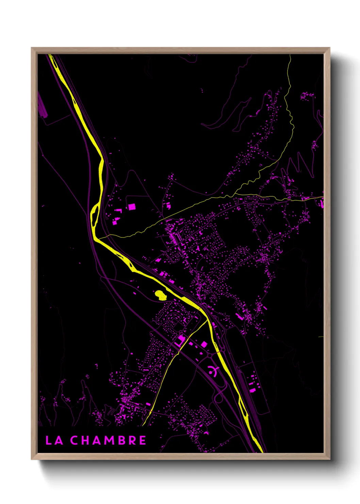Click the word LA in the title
tap(54, 440)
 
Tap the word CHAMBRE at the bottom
tap(108, 440)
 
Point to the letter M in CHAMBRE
tap(109, 440)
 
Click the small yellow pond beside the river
tap(160, 295)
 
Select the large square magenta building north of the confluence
tap(131, 207)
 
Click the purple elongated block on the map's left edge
tap(41, 106)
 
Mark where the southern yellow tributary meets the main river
tap(207, 320)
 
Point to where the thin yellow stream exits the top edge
tap(290, 55)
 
